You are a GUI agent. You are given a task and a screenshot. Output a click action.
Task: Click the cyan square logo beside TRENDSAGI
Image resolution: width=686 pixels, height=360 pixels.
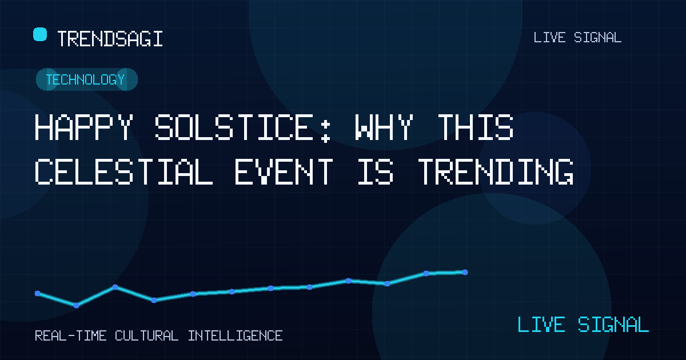click(40, 34)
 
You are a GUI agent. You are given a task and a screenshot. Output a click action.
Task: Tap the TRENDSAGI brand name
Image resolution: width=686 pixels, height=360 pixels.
click(110, 39)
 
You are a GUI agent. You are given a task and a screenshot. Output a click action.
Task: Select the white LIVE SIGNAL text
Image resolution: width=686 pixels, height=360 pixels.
click(577, 38)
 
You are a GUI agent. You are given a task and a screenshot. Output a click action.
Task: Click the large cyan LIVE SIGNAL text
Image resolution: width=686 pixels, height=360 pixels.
click(583, 324)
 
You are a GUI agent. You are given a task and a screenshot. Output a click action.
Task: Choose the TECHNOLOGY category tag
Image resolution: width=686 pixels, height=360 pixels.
click(85, 79)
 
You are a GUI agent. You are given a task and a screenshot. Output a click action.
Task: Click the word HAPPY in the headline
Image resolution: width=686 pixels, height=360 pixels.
click(84, 127)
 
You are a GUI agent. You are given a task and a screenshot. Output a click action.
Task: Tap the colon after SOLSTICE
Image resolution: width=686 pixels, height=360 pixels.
click(325, 131)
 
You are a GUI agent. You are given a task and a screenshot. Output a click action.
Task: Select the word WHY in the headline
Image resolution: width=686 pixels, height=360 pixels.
click(384, 127)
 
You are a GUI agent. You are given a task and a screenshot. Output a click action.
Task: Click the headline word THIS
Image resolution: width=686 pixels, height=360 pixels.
click(476, 127)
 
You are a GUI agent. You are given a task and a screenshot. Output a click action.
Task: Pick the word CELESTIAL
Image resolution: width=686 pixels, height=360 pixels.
click(123, 171)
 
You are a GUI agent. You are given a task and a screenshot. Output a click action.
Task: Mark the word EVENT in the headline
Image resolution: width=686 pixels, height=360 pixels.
click(284, 171)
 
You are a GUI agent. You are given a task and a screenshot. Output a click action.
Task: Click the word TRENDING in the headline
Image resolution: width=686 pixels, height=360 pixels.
click(496, 171)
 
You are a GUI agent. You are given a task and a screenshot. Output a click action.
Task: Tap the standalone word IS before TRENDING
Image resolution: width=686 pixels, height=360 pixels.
click(376, 171)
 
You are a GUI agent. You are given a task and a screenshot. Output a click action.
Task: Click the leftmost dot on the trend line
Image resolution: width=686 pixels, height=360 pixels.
click(37, 294)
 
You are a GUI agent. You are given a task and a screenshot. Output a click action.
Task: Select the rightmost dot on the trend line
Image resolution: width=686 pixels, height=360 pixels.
click(465, 272)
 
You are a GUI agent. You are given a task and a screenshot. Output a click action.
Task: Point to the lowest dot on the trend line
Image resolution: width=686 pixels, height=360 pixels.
click(76, 305)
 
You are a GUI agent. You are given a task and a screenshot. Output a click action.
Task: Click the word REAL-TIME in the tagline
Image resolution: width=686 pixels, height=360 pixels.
click(71, 336)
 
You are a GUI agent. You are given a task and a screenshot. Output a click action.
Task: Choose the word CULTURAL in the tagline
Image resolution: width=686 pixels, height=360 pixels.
click(147, 336)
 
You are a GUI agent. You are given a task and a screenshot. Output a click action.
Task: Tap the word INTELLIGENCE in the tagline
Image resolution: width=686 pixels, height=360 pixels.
click(235, 336)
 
